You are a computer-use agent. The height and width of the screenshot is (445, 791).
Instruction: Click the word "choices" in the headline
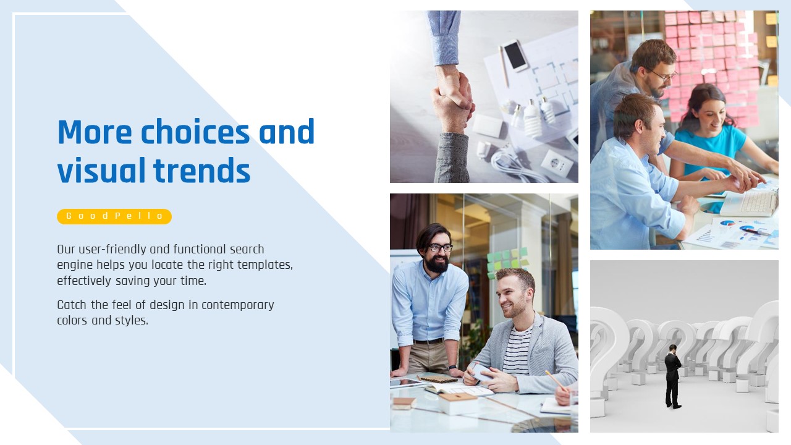(195, 132)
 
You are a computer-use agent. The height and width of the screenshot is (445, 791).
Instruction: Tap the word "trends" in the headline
(201, 171)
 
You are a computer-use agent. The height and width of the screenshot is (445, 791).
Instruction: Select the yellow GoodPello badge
(114, 216)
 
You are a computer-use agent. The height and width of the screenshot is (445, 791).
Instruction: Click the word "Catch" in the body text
(72, 305)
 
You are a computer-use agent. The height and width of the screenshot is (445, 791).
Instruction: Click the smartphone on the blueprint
(515, 56)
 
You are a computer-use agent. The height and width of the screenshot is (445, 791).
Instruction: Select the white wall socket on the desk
(557, 164)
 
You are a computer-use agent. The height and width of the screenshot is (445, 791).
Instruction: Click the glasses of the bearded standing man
(440, 248)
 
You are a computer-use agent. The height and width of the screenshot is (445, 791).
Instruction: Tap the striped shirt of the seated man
(517, 350)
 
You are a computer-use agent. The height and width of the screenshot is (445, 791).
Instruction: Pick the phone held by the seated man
(481, 372)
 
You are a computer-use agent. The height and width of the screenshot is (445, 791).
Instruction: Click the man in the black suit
(673, 376)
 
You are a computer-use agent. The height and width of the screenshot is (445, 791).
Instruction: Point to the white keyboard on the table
(750, 202)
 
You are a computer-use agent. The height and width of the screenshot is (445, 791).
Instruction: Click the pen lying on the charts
(756, 232)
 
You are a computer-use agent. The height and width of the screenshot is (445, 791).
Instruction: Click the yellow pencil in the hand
(556, 381)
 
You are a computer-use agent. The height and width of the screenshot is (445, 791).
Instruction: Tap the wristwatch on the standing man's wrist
(452, 367)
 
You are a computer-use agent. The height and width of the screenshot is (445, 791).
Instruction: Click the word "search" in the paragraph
(247, 249)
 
